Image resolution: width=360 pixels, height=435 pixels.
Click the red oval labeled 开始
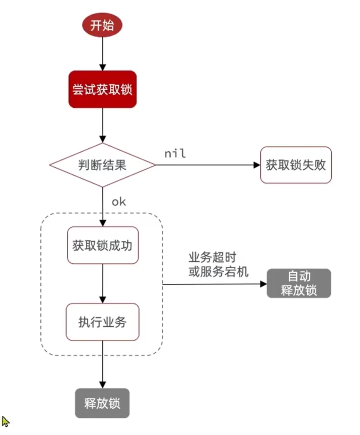click(102, 25)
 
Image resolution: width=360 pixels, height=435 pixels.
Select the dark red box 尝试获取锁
click(102, 89)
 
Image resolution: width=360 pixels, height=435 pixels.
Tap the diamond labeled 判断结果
click(102, 165)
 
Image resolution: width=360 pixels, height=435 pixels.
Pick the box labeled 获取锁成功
click(102, 245)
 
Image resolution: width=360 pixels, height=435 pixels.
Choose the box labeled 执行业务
click(102, 322)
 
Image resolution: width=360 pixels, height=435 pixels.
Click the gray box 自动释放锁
click(299, 283)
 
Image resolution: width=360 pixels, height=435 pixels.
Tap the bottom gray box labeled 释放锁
click(102, 403)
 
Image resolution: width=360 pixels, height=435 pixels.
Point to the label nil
click(175, 154)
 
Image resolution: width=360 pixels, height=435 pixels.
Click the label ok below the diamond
click(119, 202)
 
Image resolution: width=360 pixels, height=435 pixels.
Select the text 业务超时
click(213, 257)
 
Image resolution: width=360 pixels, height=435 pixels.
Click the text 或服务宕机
click(218, 271)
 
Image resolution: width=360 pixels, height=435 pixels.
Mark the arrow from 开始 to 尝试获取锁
click(102, 54)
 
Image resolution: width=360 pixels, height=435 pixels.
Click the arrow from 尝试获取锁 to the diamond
click(102, 124)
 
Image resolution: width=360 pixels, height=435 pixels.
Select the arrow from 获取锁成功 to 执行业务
click(102, 283)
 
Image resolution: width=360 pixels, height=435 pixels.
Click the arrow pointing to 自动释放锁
click(215, 284)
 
